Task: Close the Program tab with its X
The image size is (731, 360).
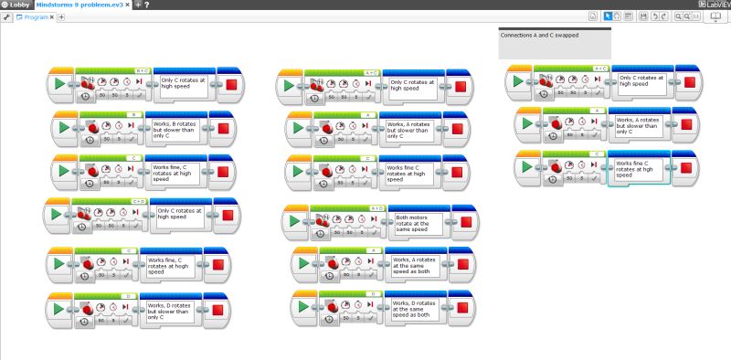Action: point(51,17)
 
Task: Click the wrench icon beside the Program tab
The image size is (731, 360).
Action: point(6,17)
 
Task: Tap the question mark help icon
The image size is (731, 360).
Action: point(147,5)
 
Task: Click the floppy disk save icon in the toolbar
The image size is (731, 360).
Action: point(643,16)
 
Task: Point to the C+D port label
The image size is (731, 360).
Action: point(139,201)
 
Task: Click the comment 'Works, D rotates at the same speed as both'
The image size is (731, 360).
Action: point(412,308)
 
